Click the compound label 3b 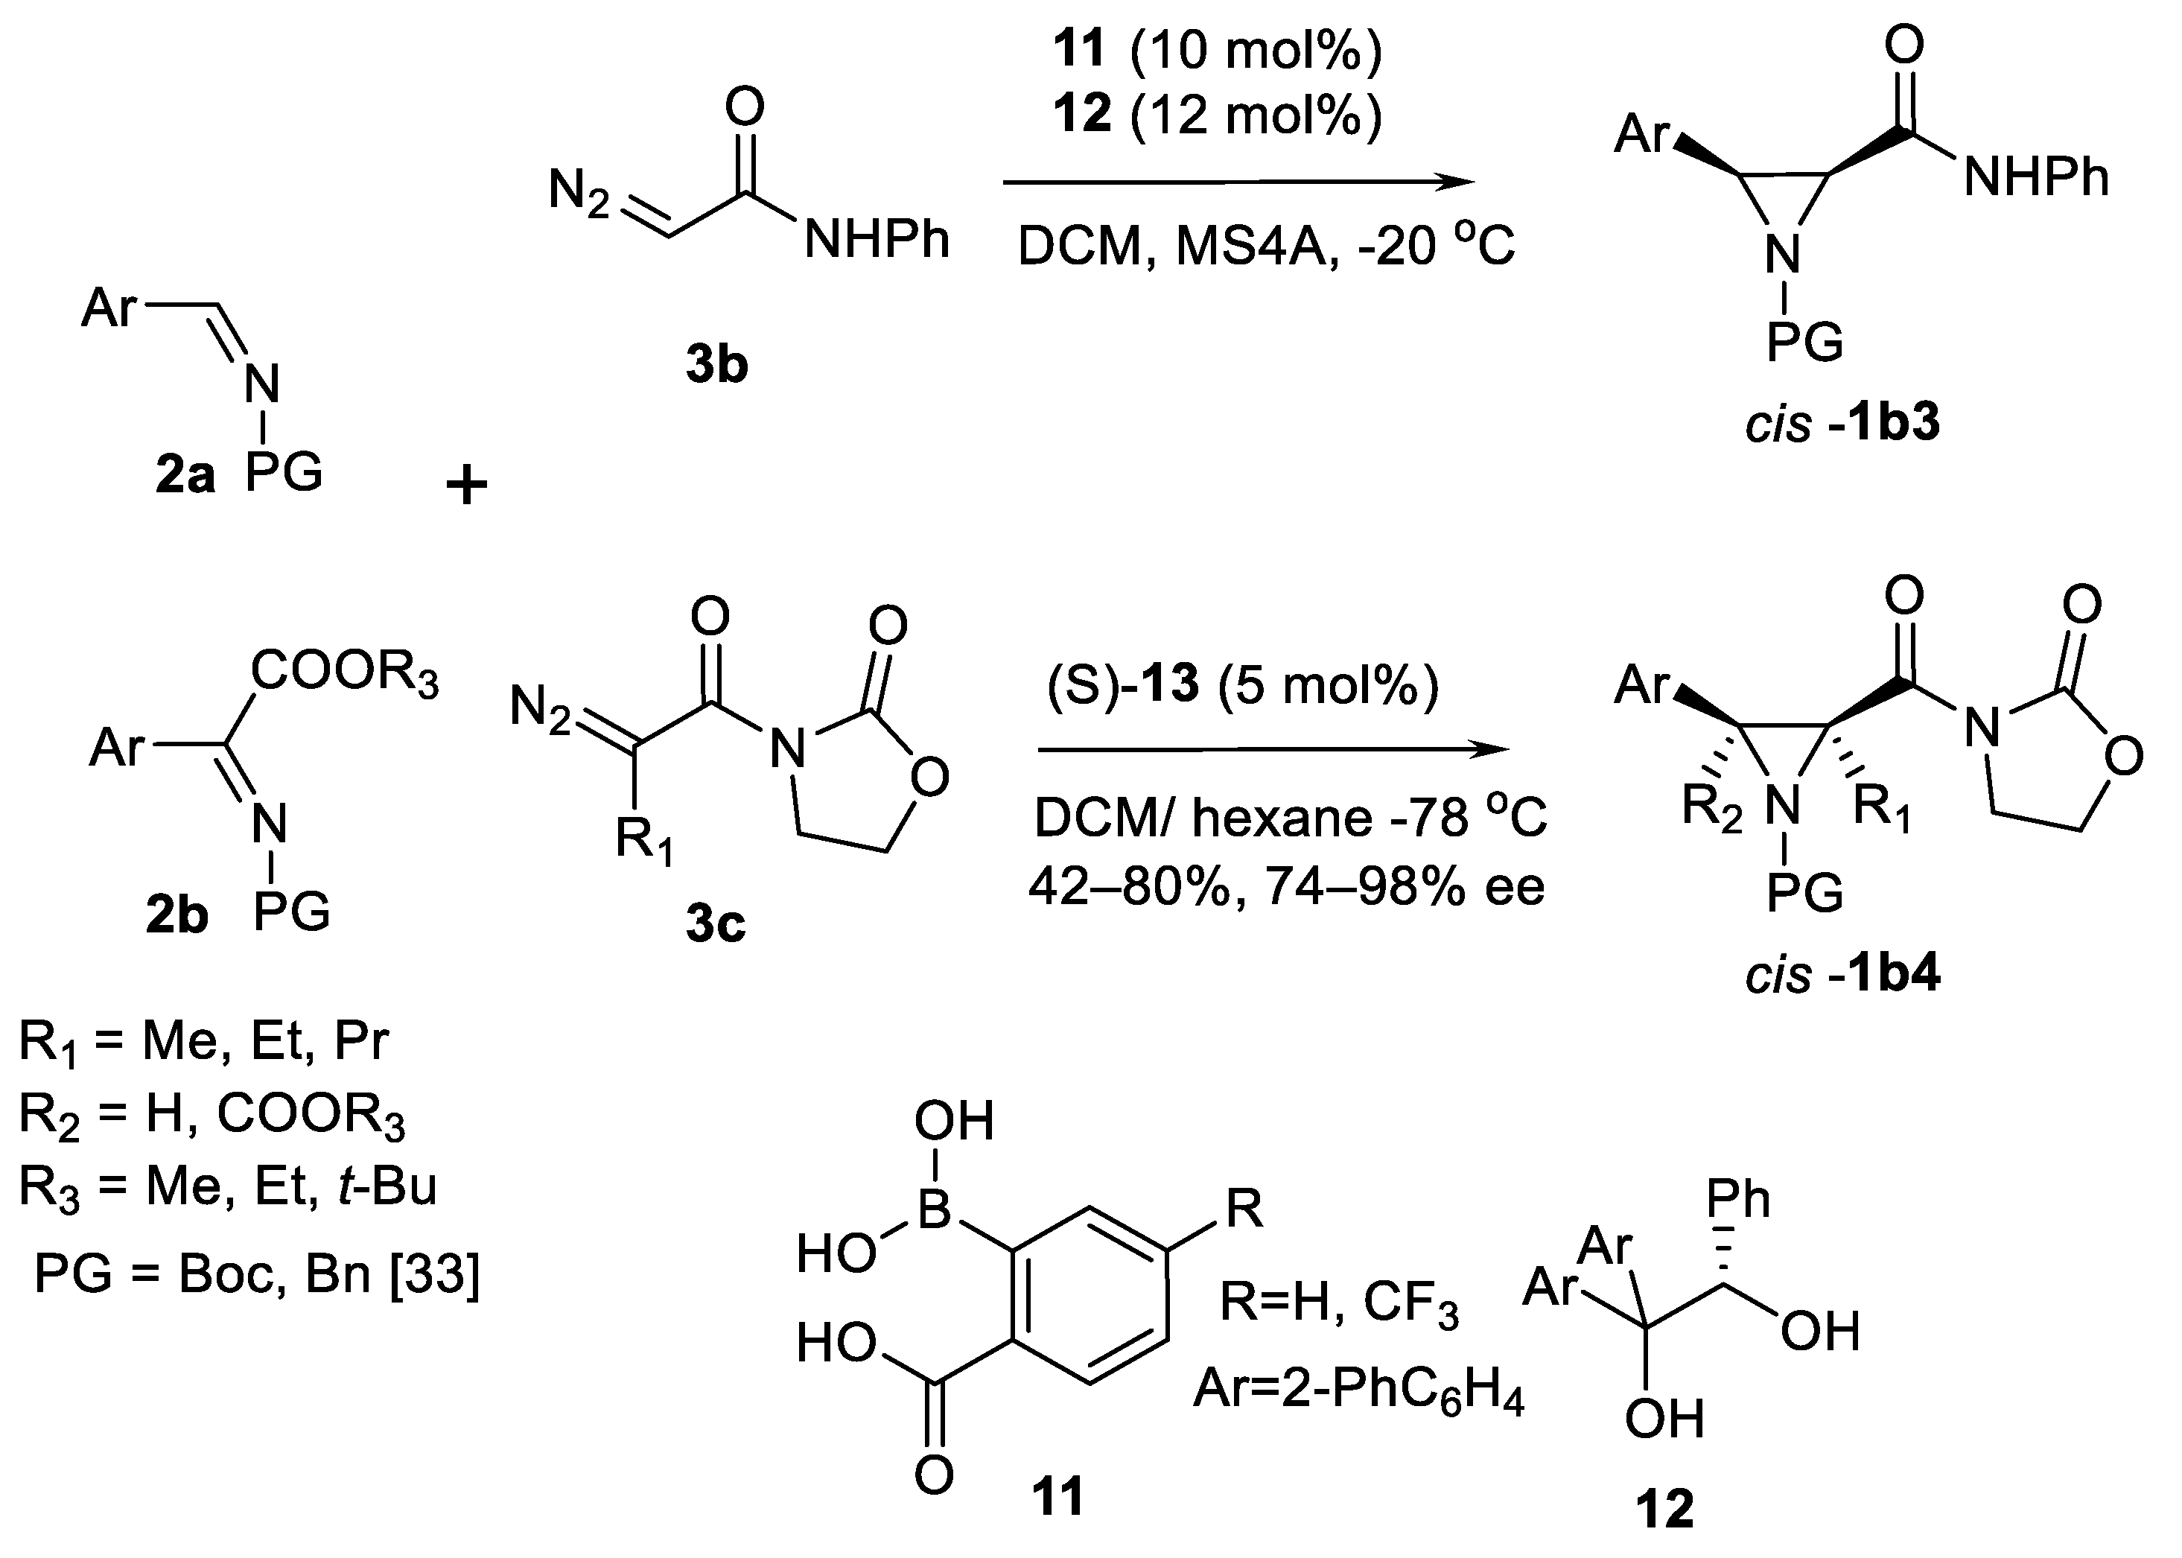click(x=716, y=366)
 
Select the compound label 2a click(x=185, y=476)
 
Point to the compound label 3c click(x=716, y=925)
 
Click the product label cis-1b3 click(x=1842, y=423)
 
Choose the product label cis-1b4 click(x=1842, y=975)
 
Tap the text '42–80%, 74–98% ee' click(x=1286, y=888)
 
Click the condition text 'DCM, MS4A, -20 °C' click(x=1266, y=247)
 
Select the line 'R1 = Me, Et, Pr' click(x=203, y=1042)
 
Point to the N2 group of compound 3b click(x=579, y=193)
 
